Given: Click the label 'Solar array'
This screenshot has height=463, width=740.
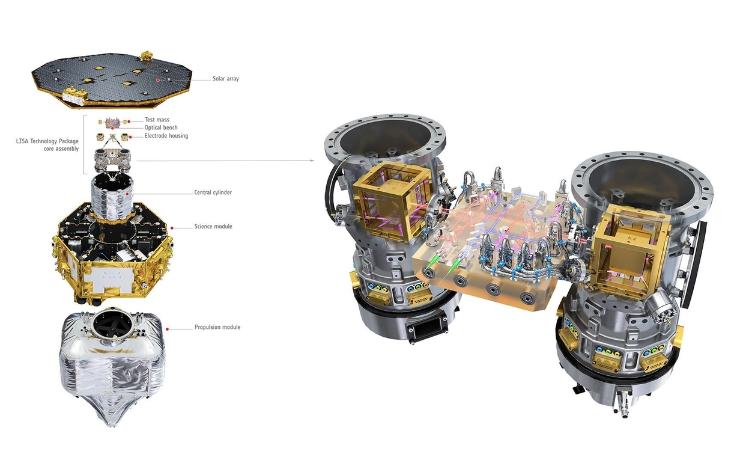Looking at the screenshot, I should (225, 79).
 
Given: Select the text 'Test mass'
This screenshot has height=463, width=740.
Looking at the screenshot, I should (157, 120).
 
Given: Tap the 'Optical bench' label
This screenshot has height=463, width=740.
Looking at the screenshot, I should (161, 128).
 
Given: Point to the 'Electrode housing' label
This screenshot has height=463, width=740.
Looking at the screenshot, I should (166, 136).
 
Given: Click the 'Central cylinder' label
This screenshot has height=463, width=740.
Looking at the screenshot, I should (213, 193).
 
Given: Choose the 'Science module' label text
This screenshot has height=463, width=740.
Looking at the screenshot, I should (213, 227).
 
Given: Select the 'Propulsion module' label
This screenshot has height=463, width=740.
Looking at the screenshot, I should (217, 327).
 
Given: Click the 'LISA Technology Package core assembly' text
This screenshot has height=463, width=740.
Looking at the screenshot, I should (47, 145).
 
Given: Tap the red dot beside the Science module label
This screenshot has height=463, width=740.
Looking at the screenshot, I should (173, 227).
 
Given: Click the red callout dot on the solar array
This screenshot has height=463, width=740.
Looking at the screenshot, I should (158, 79).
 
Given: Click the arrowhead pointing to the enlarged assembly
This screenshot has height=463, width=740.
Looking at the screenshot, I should (311, 161).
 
